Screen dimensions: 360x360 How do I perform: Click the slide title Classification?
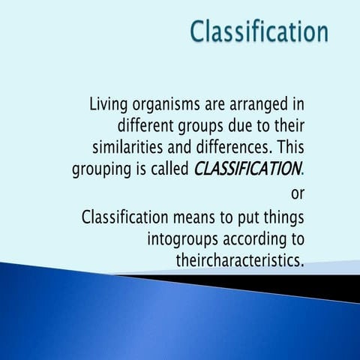coord(259,31)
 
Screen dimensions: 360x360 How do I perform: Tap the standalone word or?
coord(297,193)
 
